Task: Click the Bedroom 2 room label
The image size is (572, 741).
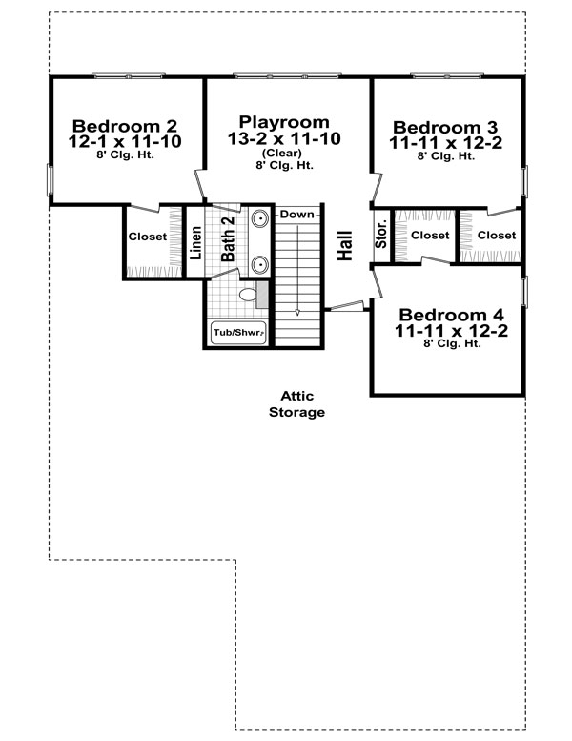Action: point(125,126)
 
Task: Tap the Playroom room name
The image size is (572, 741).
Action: point(284,122)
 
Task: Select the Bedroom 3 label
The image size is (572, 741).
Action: point(445,127)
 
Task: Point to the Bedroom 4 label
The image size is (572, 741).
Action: point(451,315)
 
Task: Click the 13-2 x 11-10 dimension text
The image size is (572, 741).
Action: point(284,138)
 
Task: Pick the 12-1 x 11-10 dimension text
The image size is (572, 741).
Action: point(125,141)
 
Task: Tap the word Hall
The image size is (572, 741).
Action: point(345,245)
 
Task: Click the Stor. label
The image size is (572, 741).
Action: point(380,234)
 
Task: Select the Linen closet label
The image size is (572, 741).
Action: point(195,243)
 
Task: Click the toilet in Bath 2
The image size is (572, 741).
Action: point(247,295)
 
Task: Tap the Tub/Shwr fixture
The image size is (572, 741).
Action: point(238,332)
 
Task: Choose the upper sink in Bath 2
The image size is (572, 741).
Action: point(259,218)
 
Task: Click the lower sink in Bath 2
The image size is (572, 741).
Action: point(259,265)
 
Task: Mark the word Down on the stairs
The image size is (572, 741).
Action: point(296,215)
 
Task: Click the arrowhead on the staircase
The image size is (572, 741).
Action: point(297,313)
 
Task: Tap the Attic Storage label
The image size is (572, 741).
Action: point(296,404)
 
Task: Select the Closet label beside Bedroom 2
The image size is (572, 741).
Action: point(148,237)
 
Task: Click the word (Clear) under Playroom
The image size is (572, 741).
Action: point(281,153)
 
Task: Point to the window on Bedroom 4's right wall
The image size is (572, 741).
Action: point(524,292)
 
